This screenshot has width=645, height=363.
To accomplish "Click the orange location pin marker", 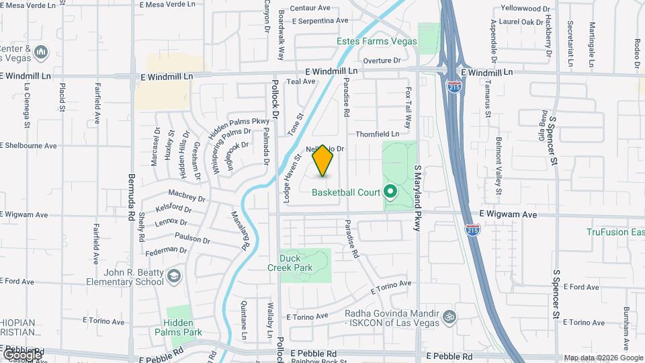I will [323, 161].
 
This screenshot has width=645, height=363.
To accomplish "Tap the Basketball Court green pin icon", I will [390, 192].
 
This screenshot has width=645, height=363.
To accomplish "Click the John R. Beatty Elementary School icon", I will [175, 276].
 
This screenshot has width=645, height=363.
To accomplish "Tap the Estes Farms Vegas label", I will [377, 42].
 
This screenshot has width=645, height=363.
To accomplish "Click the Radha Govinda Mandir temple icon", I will [449, 314].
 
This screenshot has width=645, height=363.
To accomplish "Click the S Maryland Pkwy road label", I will [417, 198].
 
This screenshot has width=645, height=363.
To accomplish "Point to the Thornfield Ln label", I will [378, 134].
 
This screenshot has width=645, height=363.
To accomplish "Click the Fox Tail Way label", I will [408, 107].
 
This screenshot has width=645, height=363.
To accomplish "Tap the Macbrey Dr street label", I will [186, 196].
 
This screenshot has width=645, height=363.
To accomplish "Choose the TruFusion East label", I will [615, 232].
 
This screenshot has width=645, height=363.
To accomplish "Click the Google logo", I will [22, 354].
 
